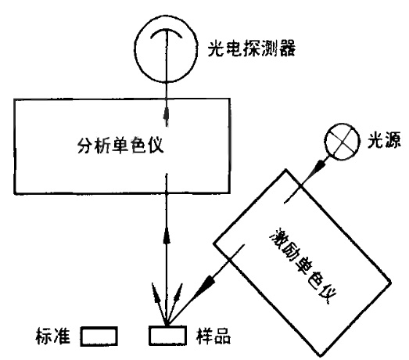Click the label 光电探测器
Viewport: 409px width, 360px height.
(x=252, y=49)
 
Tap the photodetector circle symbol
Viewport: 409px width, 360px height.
(x=135, y=49)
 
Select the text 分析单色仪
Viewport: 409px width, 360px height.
(x=120, y=145)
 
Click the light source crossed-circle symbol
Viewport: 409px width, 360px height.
(x=325, y=141)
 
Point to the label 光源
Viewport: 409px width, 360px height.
(x=384, y=141)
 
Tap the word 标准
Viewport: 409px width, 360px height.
(x=53, y=336)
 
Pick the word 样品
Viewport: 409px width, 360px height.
(x=213, y=336)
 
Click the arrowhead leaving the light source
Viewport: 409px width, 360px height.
(x=321, y=165)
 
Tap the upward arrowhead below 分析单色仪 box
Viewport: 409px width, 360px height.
(x=167, y=235)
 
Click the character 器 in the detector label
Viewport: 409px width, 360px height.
(x=287, y=49)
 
